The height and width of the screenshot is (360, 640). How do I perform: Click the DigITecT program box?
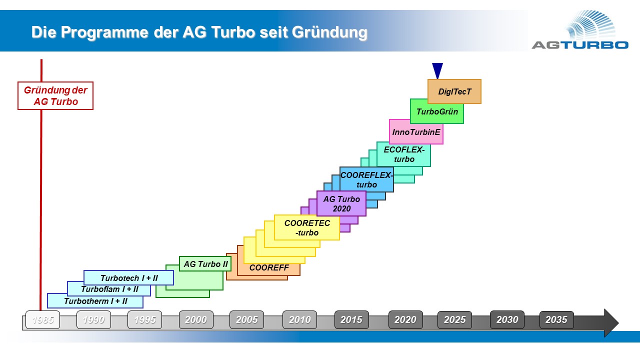click(x=454, y=91)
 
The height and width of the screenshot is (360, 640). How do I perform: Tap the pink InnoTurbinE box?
click(x=416, y=132)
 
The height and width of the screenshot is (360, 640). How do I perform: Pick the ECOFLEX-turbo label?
click(x=404, y=154)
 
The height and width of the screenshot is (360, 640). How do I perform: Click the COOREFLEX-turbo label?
click(x=366, y=179)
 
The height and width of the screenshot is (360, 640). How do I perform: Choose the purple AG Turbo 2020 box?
click(x=341, y=203)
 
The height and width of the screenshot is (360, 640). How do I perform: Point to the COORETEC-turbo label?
click(x=307, y=227)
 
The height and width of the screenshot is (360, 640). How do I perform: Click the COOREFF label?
click(x=269, y=267)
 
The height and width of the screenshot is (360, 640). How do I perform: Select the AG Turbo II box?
click(x=205, y=263)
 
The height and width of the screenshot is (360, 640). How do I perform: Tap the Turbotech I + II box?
click(x=129, y=277)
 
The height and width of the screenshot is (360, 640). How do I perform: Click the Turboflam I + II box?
click(x=109, y=289)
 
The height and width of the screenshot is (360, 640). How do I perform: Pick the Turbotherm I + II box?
click(x=95, y=301)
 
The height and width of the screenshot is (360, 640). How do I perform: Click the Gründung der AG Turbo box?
click(x=55, y=95)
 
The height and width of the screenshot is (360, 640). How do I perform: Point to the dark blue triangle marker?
click(x=437, y=70)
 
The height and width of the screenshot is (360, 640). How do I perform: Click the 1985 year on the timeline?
click(x=43, y=319)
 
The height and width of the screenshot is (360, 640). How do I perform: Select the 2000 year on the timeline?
click(x=196, y=319)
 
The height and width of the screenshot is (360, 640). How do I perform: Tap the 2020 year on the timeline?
click(x=405, y=319)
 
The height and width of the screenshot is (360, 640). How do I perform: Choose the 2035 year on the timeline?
click(x=556, y=319)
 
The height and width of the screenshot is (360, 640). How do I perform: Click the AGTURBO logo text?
click(x=580, y=45)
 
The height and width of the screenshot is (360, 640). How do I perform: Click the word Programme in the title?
click(x=104, y=32)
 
